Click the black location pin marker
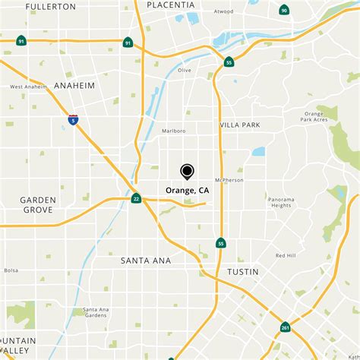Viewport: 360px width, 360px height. click(187, 172)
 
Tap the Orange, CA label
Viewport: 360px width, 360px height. click(187, 191)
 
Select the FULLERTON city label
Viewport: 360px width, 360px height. click(51, 6)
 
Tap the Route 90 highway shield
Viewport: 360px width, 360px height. click(284, 10)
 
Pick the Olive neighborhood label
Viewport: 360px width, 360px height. click(185, 70)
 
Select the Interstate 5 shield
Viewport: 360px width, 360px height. click(73, 120)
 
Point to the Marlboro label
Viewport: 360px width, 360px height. click(173, 131)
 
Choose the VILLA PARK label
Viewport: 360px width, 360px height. click(240, 125)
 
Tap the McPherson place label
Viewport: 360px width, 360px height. click(230, 180)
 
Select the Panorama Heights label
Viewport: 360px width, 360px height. click(280, 201)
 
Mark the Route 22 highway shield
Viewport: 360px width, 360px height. click(136, 199)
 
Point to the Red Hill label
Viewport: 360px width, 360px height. click(286, 256)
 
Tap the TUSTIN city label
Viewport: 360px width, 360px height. click(243, 271)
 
